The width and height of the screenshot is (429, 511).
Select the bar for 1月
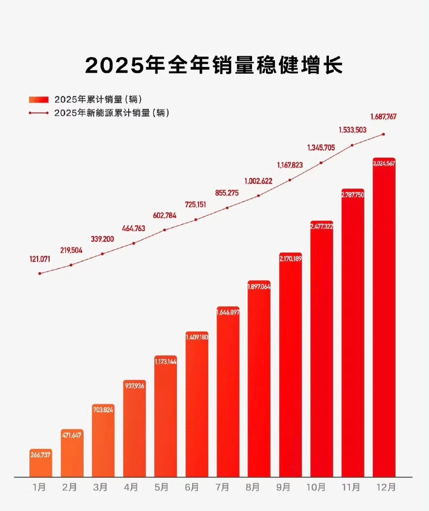point(41,465)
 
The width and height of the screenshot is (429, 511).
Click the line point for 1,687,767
point(384,134)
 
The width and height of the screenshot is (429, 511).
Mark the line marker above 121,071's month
point(40,273)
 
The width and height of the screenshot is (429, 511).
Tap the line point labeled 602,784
point(165,230)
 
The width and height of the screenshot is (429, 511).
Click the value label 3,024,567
point(384,163)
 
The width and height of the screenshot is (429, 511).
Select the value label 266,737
point(41,455)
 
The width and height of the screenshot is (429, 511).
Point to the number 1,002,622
point(258,181)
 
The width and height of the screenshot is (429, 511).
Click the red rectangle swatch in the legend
point(38,99)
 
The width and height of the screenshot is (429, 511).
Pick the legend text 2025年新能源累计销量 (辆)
point(112,113)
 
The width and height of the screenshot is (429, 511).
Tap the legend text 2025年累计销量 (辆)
point(98,99)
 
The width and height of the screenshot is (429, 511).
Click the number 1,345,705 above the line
point(321,147)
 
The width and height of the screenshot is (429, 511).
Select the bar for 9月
point(290,366)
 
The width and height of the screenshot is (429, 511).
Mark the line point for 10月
point(321,163)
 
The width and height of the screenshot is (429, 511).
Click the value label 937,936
point(134,386)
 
